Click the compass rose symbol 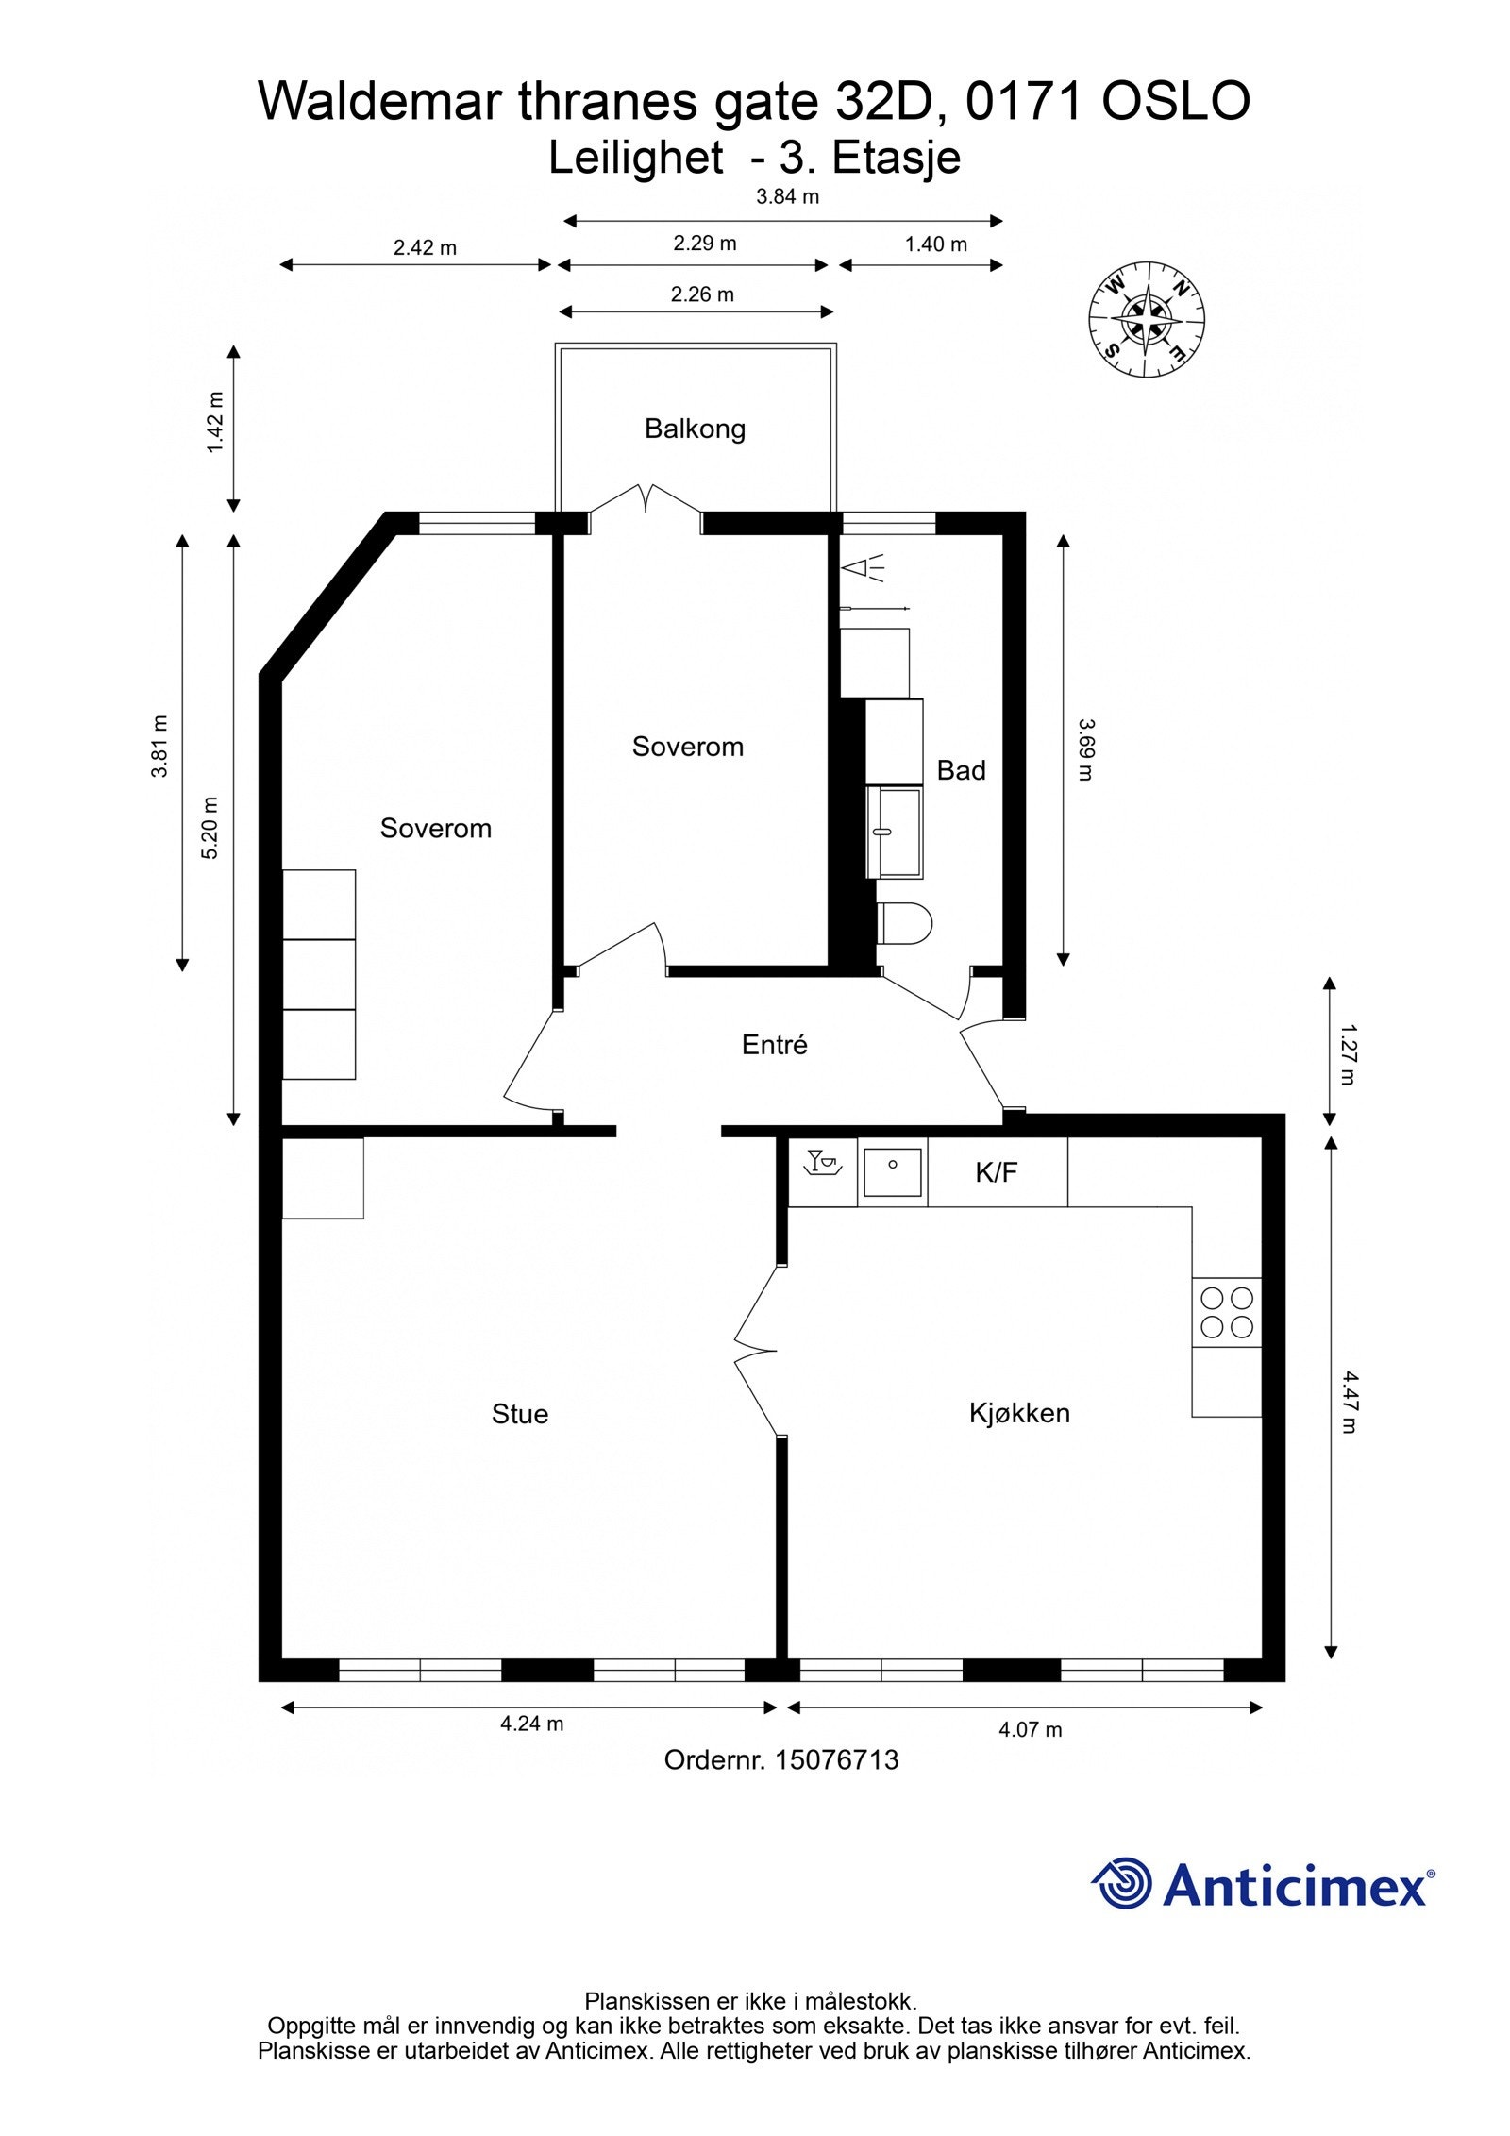(1146, 318)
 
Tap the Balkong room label (695, 429)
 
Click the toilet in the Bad (903, 923)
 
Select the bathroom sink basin (893, 833)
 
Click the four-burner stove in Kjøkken (1226, 1312)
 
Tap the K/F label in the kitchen (996, 1172)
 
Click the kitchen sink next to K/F (892, 1171)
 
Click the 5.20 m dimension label (210, 828)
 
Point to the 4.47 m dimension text (1350, 1401)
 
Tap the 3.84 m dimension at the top (787, 197)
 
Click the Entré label (774, 1045)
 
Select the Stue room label (519, 1414)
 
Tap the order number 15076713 (836, 1760)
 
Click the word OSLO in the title (1176, 102)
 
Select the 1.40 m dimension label (935, 244)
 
